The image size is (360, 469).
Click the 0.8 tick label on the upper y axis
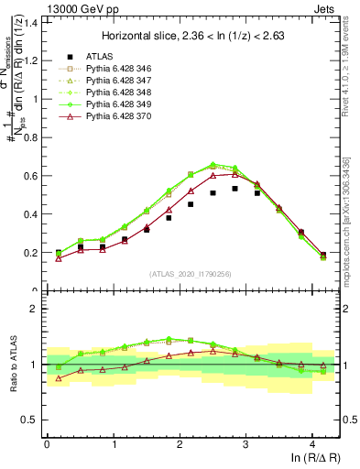coord(33,137)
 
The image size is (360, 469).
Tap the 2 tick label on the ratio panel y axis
coord(37,309)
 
